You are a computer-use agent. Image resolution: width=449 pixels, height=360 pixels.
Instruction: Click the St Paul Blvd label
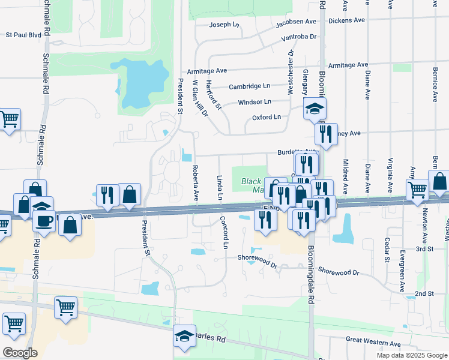tap(23, 35)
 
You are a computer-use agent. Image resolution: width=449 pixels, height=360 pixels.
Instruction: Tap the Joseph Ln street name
tap(224, 25)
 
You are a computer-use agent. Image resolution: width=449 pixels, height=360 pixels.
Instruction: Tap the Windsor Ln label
tap(255, 102)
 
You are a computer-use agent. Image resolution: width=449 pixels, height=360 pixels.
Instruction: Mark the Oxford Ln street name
tap(266, 118)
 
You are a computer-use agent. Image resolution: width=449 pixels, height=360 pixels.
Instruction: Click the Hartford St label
tap(214, 95)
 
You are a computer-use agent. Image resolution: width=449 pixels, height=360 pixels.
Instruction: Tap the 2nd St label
tap(424, 293)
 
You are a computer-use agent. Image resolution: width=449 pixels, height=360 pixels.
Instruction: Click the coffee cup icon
tap(45, 221)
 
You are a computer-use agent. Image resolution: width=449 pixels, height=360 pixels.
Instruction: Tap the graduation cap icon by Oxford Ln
tap(313, 109)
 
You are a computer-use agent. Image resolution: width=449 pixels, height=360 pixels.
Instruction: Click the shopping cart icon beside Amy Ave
tap(417, 190)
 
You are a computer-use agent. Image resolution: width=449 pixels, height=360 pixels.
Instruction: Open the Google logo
tap(20, 353)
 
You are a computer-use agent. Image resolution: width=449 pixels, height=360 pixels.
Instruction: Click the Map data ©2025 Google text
tap(411, 355)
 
